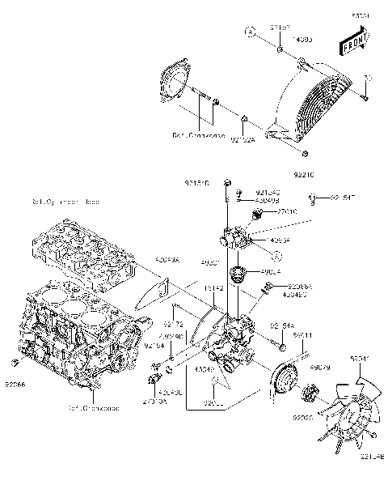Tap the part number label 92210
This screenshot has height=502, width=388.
pyautogui.click(x=304, y=174)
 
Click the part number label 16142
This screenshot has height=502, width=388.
pyautogui.click(x=213, y=287)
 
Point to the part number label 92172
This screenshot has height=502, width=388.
pyautogui.click(x=185, y=323)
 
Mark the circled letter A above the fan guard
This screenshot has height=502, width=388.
pyautogui.click(x=251, y=32)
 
